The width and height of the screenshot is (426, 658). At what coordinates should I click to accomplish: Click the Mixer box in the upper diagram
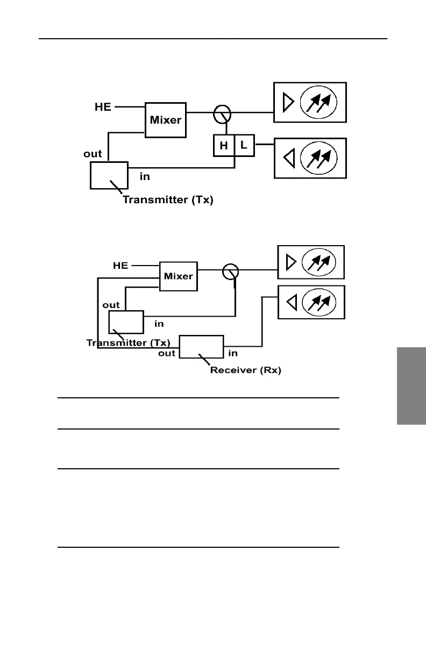tap(166, 120)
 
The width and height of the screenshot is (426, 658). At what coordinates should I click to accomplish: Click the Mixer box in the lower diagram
tap(178, 276)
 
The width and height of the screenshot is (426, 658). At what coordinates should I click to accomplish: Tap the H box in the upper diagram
tap(224, 146)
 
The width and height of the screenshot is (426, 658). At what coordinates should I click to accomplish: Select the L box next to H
tap(244, 146)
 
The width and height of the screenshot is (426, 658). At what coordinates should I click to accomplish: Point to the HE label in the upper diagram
tap(103, 107)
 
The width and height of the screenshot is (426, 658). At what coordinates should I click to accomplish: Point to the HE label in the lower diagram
tap(120, 266)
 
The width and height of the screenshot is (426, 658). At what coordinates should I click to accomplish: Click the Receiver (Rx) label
tap(245, 370)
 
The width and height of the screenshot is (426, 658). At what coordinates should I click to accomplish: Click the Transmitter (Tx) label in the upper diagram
tap(168, 200)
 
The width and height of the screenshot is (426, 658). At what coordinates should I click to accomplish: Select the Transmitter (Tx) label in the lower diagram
tap(128, 342)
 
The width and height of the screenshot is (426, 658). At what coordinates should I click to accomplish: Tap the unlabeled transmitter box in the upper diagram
tap(109, 175)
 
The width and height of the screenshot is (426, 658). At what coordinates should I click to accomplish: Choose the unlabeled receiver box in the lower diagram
tap(201, 346)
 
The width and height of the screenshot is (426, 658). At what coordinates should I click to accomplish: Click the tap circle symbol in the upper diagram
tap(222, 113)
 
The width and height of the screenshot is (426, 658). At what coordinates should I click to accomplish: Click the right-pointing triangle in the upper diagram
tap(288, 102)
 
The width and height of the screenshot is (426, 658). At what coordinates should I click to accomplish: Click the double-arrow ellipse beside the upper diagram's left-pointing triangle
tap(318, 158)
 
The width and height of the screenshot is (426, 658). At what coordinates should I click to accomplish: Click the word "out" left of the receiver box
tap(167, 353)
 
